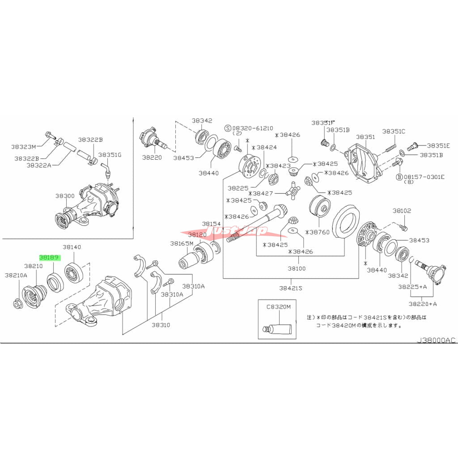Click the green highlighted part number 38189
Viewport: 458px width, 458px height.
(50, 258)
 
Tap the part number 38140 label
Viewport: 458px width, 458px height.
(72, 247)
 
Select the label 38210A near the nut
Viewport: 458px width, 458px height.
(16, 275)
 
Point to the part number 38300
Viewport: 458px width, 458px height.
(65, 196)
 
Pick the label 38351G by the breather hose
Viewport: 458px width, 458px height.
(110, 155)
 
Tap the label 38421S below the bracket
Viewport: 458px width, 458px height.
(291, 288)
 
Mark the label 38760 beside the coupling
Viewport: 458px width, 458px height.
(319, 233)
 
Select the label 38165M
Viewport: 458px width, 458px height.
(182, 244)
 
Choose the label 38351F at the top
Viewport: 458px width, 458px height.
(323, 123)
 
